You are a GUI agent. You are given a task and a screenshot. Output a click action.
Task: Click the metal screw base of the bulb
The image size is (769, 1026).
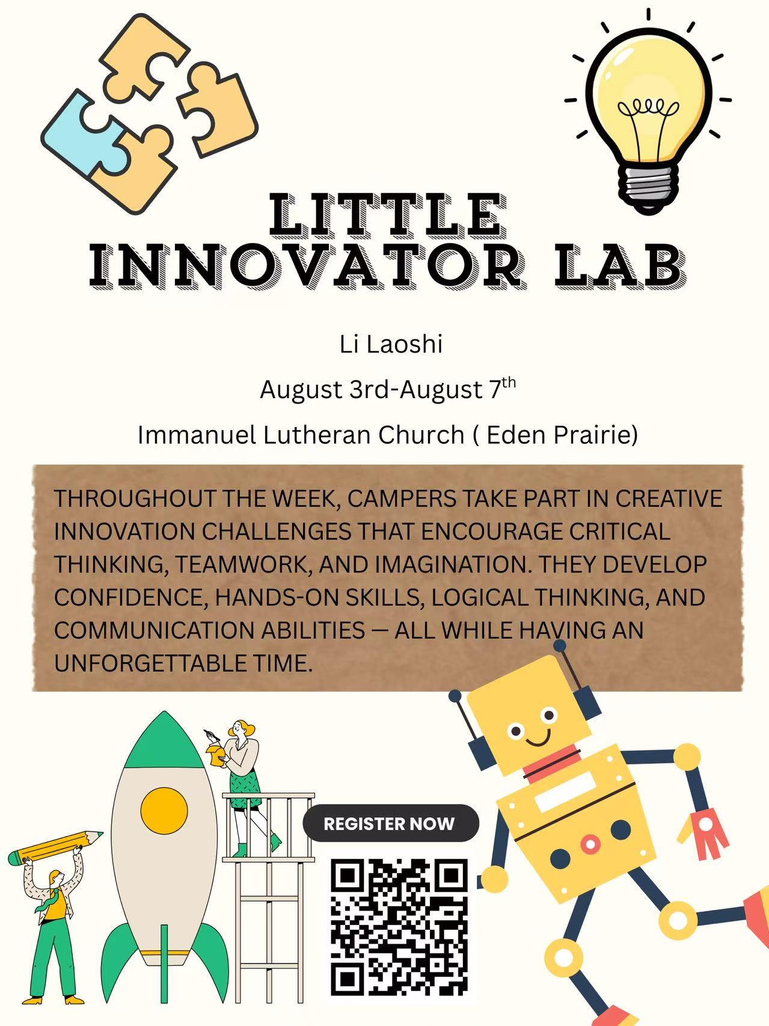tap(649, 186)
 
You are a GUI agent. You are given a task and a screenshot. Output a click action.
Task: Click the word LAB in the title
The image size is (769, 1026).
tap(619, 265)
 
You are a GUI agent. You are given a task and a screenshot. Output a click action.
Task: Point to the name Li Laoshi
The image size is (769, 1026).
tap(391, 344)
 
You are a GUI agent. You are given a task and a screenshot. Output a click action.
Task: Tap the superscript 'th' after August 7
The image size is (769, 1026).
tap(509, 382)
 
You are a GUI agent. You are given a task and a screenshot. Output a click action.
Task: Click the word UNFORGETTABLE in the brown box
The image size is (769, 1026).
tap(150, 663)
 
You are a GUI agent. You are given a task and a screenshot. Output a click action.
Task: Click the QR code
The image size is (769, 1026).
tap(399, 927)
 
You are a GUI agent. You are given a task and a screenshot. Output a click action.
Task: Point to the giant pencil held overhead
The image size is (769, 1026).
tap(55, 847)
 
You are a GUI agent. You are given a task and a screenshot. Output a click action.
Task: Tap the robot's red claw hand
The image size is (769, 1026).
tap(703, 833)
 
